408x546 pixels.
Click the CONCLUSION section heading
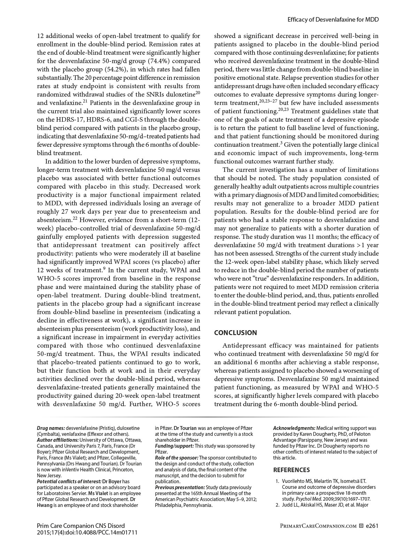click(235, 333)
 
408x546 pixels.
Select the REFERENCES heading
click(291, 470)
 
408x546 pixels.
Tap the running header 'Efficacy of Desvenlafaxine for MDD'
click(333, 20)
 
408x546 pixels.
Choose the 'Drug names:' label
click(51, 428)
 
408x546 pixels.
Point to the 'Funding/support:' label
click(174, 446)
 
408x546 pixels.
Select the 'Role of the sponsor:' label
click(176, 458)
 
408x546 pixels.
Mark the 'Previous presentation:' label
click(180, 487)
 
